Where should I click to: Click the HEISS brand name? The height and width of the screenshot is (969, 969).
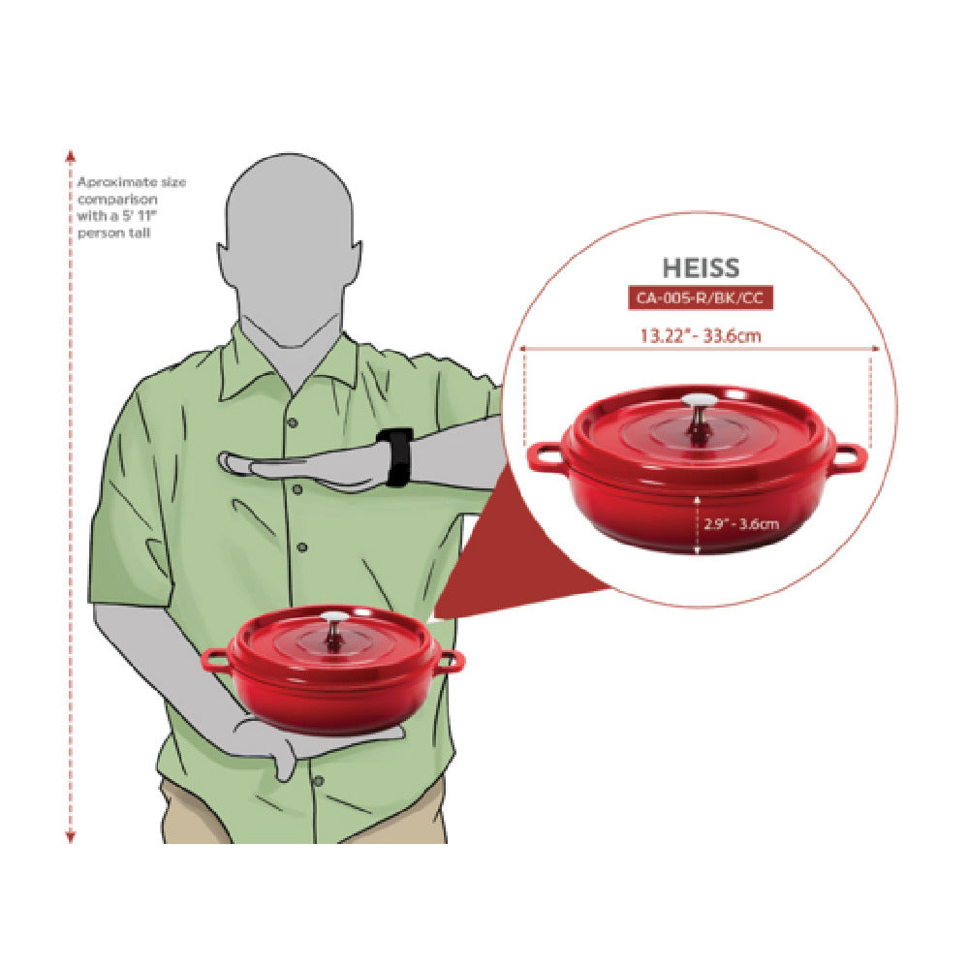point(701,267)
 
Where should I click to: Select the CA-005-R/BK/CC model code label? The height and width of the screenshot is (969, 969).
point(701,297)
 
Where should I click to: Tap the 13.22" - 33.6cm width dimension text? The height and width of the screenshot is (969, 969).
point(701,336)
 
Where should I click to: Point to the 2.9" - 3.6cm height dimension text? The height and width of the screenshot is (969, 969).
point(741,524)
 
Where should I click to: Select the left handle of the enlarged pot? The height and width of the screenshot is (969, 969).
point(544,457)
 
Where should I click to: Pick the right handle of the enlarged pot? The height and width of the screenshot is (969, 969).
point(849,457)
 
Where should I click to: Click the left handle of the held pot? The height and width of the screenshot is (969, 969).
point(215,661)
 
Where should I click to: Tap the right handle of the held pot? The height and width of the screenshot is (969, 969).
point(453,661)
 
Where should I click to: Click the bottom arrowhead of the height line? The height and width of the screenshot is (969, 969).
point(71,837)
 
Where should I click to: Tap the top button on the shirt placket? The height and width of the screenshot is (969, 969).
point(293,422)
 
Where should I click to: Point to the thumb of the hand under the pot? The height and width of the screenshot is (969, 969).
point(284,765)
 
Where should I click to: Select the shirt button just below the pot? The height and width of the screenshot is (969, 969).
point(318,781)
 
